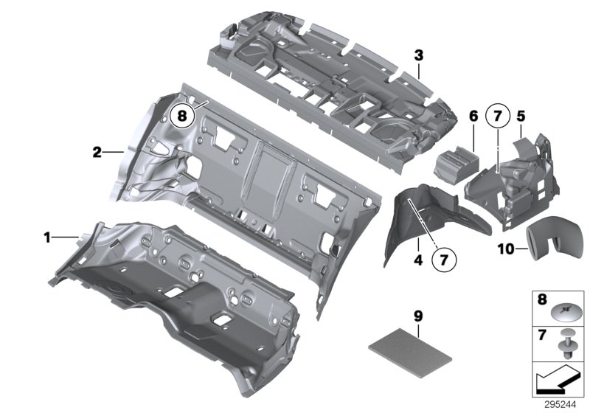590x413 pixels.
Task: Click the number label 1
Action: click(x=47, y=237)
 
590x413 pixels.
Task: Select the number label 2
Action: click(x=97, y=153)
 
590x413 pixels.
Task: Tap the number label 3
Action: click(x=418, y=55)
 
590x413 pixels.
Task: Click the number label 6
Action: click(x=473, y=116)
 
